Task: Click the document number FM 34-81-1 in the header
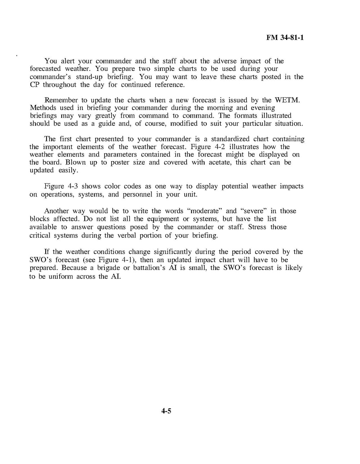pyautogui.click(x=285, y=38)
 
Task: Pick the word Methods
pyautogui.click(x=43, y=108)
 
